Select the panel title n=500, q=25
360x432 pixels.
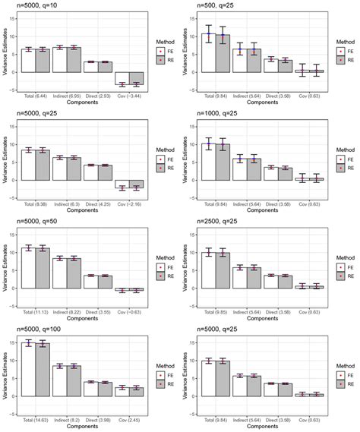pyautogui.click(x=210, y=6)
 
